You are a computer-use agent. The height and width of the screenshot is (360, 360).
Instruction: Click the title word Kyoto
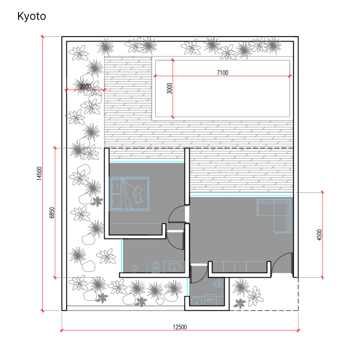tap(31, 16)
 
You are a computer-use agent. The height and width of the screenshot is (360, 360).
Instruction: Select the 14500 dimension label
tap(40, 173)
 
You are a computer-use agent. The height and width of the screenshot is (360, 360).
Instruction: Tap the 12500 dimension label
tap(180, 327)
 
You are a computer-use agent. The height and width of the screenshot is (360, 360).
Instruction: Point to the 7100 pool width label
tap(222, 72)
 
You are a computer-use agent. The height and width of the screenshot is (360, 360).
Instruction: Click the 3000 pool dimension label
tap(169, 88)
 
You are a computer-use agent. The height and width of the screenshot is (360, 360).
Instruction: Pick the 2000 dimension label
tap(85, 86)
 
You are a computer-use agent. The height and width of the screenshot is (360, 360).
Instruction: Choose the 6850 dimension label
tap(52, 212)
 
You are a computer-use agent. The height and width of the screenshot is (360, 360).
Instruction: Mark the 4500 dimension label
tap(319, 234)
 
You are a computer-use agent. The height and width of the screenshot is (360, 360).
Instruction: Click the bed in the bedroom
tap(129, 194)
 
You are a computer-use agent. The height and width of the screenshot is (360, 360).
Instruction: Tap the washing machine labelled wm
tap(211, 300)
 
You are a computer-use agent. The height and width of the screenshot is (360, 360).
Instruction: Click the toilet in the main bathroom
tap(156, 267)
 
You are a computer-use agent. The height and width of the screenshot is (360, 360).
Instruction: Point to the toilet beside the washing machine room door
tap(219, 283)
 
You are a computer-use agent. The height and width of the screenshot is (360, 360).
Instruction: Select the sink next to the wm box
tap(197, 301)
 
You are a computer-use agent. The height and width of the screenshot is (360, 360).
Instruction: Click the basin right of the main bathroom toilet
tap(174, 267)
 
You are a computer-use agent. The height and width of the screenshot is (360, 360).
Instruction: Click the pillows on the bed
tap(138, 194)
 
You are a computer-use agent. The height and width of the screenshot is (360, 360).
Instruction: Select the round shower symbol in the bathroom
tap(135, 268)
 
